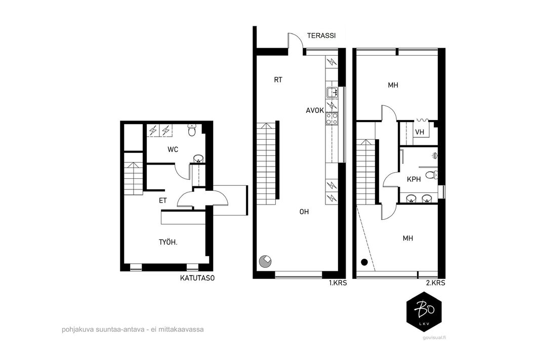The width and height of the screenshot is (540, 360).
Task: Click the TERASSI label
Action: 321,35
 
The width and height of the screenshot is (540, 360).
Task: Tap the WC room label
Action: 173,149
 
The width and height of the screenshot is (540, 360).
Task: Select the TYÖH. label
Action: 168,242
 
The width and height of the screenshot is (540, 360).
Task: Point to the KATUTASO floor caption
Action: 197,278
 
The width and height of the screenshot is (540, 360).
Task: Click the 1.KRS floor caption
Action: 338,283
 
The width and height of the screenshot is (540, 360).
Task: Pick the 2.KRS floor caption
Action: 436,283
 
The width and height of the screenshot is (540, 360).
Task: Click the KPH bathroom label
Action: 413,179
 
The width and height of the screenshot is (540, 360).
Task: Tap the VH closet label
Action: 420,132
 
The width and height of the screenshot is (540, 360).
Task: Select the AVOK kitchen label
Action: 315,110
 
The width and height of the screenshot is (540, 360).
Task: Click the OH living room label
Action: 304,212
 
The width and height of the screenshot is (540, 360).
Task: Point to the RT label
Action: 278,80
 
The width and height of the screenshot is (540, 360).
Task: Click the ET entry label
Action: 163,201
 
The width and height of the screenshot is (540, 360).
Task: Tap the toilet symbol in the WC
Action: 192,131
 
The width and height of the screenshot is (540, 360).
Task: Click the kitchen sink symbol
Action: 332,92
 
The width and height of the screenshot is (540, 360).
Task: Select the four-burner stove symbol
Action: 332,118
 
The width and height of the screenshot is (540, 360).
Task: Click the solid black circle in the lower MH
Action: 364,262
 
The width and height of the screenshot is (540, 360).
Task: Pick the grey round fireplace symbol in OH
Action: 266,261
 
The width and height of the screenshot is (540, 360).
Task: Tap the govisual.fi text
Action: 434,337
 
